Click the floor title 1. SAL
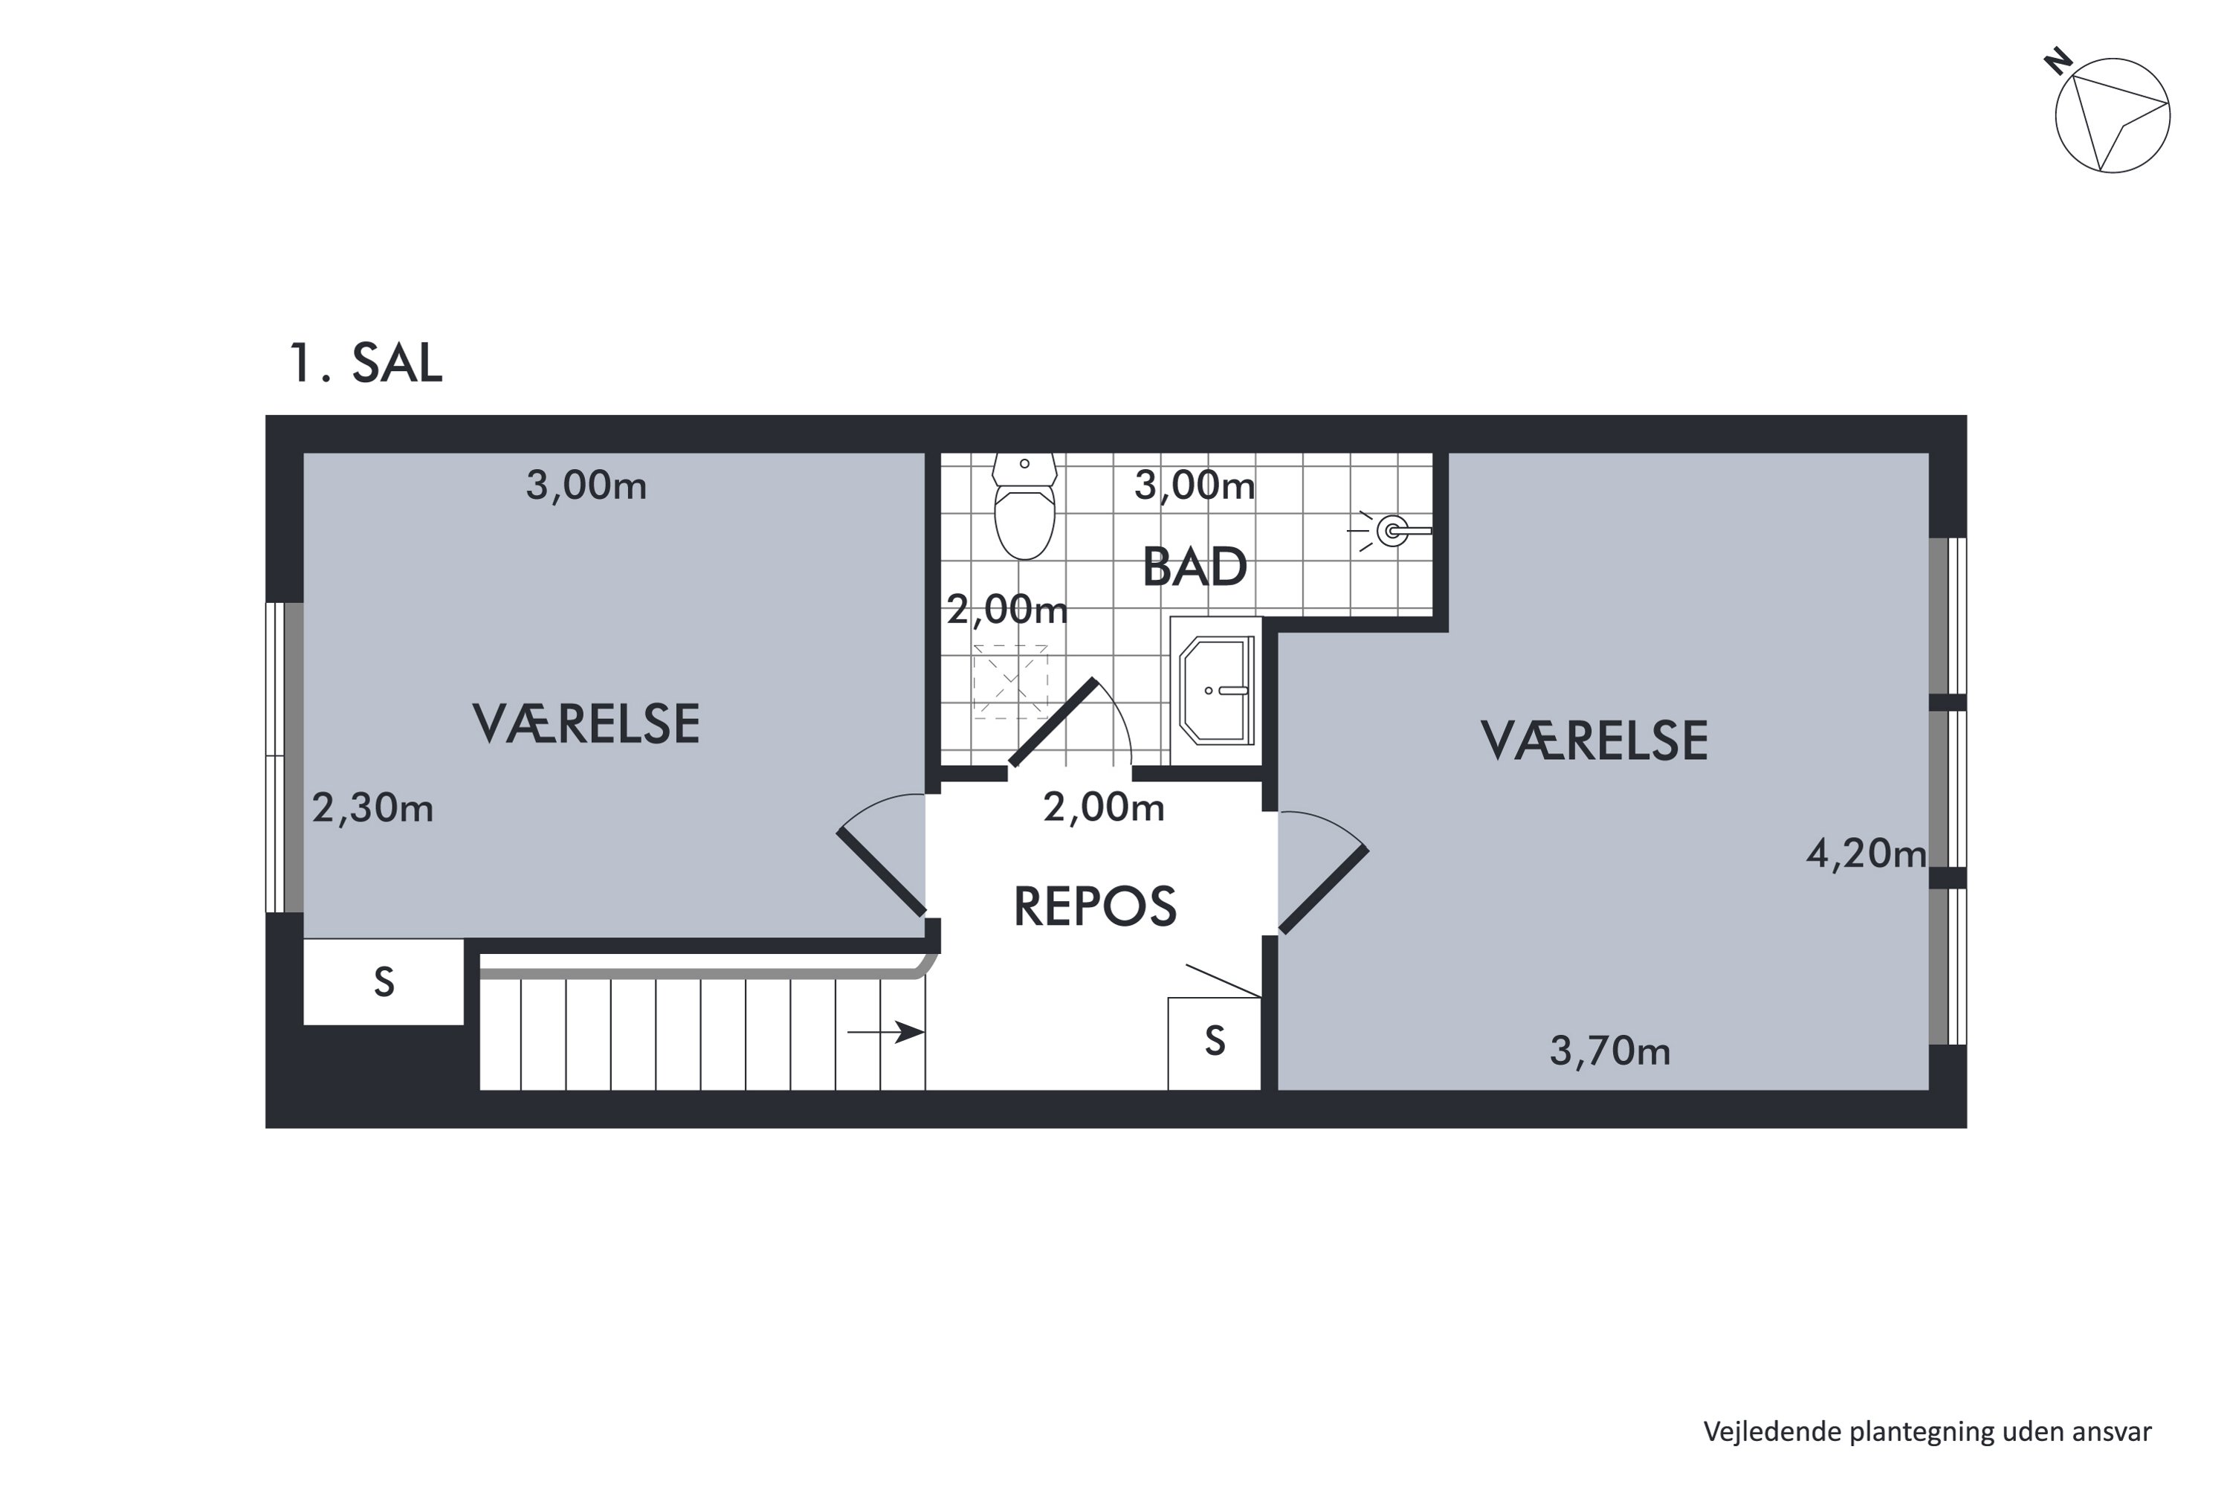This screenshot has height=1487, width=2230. (x=365, y=364)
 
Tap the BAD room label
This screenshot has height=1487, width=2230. (x=1194, y=567)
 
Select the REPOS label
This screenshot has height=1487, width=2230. (x=1095, y=906)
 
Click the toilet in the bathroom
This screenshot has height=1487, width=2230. (x=1024, y=512)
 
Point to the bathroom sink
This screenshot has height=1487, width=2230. (x=1216, y=689)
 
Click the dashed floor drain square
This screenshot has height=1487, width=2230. (x=1009, y=681)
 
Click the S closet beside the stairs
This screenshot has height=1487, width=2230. (x=383, y=982)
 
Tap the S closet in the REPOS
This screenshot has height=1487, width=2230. (x=1215, y=1042)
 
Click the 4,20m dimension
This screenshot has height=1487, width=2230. (x=1865, y=854)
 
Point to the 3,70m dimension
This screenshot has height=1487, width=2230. (x=1609, y=1051)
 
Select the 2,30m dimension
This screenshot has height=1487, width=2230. (x=372, y=808)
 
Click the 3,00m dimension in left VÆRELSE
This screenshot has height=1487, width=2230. (x=586, y=486)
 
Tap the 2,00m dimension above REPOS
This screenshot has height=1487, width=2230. (x=1104, y=807)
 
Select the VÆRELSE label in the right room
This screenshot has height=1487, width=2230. (x=1594, y=741)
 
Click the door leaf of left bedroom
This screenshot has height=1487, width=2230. (x=881, y=872)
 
